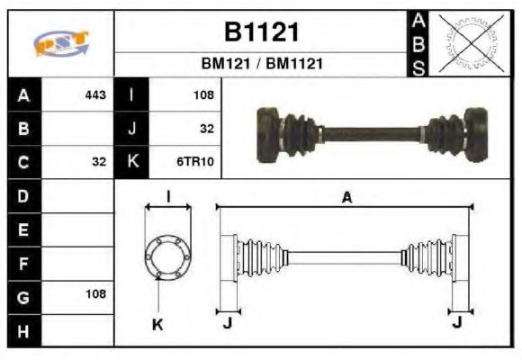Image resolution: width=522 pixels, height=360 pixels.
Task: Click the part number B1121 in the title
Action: coord(260,32)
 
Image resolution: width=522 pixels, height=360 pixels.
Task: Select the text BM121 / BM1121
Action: coord(261,65)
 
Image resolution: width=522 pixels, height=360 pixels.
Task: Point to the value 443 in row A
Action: coord(95,94)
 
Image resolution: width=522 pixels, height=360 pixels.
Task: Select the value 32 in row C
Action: coord(99,162)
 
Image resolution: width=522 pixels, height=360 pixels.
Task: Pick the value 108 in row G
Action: coord(95,294)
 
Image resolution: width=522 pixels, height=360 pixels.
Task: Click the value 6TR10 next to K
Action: coord(196,162)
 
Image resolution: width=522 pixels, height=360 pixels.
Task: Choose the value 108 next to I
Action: coord(203,94)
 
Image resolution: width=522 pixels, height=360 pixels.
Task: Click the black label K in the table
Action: coord(132,162)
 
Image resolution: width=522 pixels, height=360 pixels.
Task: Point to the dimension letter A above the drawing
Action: coord(346,198)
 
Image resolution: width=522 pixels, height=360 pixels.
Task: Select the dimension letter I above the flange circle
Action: coord(168,197)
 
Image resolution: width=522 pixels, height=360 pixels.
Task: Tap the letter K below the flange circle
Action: coord(157,325)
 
